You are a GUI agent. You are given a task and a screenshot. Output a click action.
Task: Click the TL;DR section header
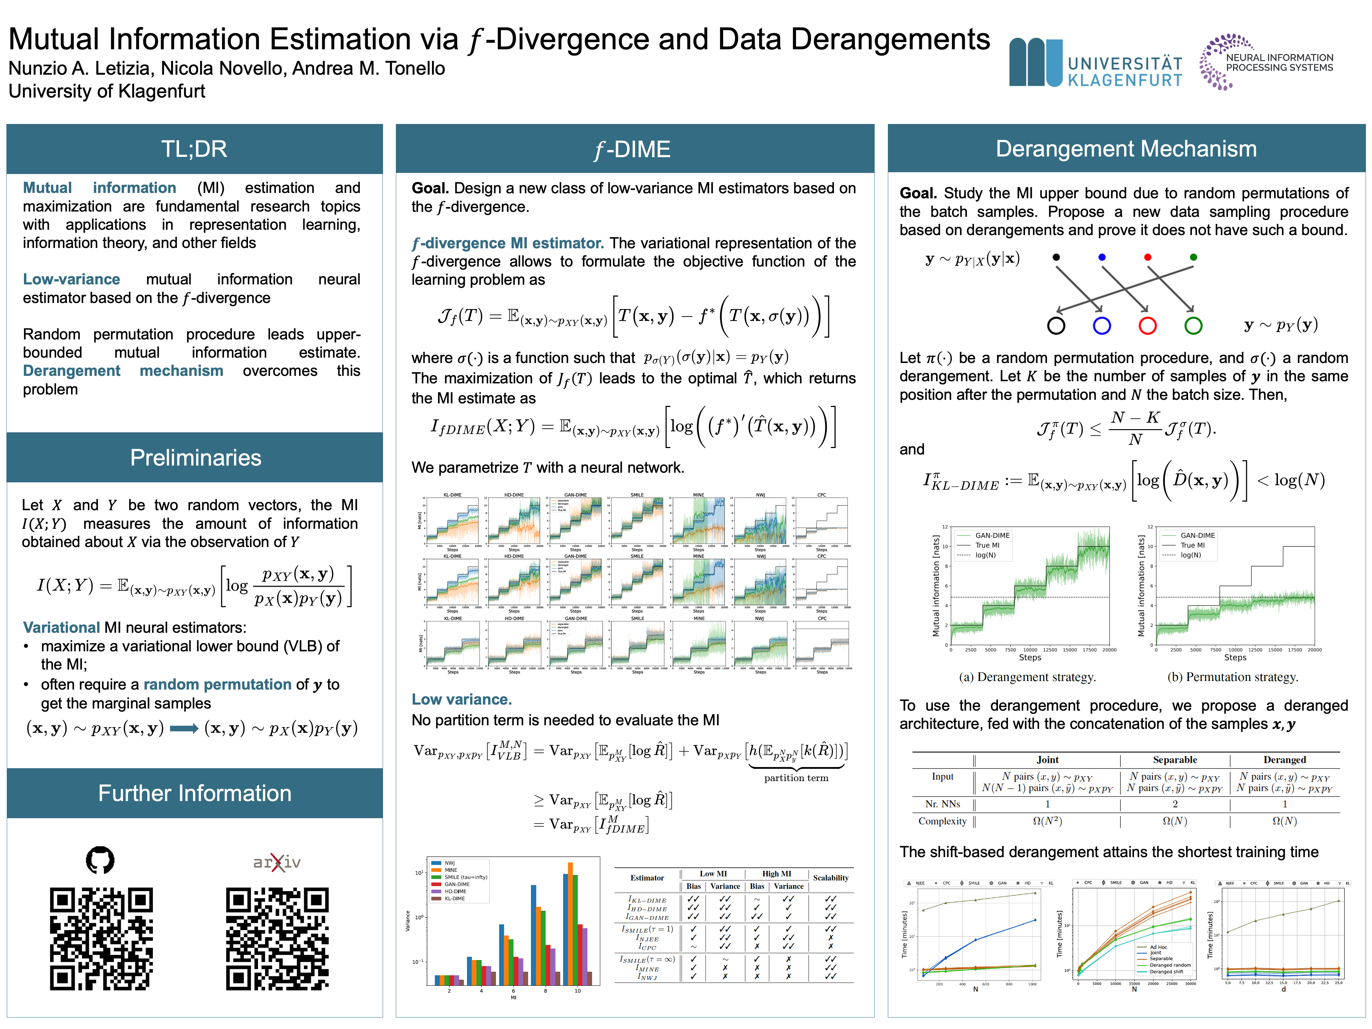194,149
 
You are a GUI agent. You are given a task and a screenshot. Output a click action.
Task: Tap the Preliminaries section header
195,458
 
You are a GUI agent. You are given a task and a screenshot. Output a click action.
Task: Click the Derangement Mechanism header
1126,149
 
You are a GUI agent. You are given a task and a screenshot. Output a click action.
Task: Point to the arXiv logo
277,861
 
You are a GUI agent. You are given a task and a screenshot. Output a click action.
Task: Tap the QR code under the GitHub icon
101,939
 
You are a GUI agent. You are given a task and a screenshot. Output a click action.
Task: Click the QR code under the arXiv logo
277,939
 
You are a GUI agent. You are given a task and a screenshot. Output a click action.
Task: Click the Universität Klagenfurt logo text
1124,71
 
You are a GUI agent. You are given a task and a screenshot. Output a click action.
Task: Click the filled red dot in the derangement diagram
1148,257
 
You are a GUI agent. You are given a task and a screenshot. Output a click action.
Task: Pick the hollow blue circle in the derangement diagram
1102,325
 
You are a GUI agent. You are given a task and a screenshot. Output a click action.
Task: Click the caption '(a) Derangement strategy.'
1027,677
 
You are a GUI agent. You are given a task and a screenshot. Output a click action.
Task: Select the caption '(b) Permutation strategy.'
1232,677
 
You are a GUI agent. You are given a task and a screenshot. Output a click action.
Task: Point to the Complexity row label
942,821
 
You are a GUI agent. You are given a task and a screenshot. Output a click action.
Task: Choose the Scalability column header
830,878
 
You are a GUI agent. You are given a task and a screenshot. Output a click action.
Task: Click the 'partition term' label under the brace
796,778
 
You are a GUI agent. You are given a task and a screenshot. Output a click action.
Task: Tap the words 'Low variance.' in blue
462,700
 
